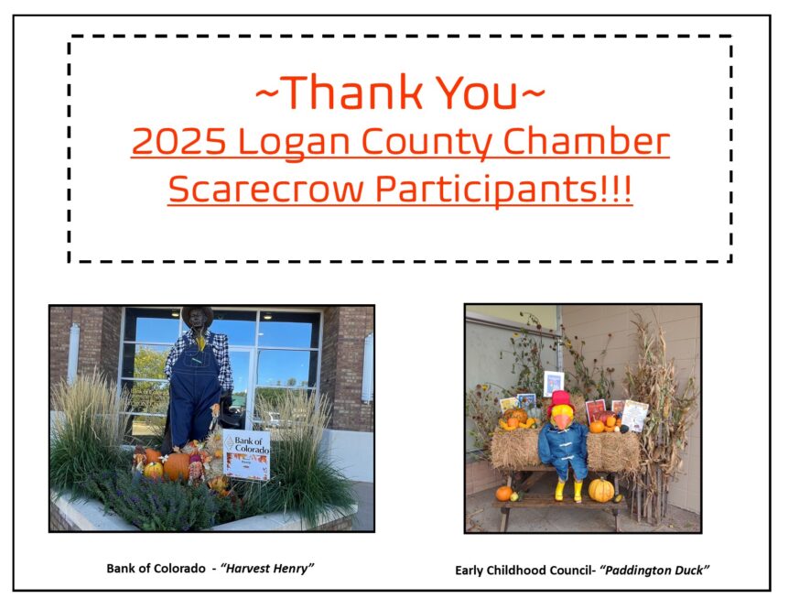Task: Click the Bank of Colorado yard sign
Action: [246, 454]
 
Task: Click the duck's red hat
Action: [559, 400]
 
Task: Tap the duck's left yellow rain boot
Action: [559, 490]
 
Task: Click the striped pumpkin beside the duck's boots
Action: [600, 489]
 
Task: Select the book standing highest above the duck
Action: [554, 382]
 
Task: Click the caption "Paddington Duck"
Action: [654, 570]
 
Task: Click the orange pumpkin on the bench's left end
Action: [503, 494]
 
